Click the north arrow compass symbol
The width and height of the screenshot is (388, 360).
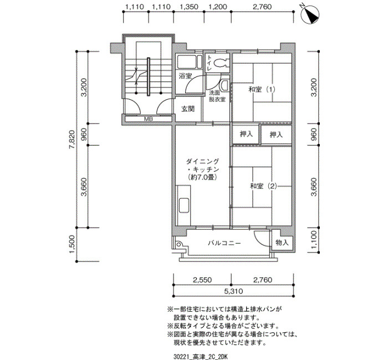pos(310,15)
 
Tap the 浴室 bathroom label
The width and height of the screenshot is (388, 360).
pos(186,76)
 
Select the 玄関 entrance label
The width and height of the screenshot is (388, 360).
pos(188,109)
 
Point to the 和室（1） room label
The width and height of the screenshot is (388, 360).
pos(262,89)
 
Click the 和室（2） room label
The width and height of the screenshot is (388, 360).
pos(263,186)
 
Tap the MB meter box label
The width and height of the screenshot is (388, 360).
pos(149,119)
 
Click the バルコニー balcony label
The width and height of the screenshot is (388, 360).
pos(224,243)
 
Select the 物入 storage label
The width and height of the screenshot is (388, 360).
pos(282,243)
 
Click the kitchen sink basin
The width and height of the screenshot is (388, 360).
pos(184,205)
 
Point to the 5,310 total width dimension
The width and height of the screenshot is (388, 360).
pos(233,291)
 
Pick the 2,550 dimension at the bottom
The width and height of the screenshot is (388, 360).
pos(202,280)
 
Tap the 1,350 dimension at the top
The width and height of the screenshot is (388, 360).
pos(189,7)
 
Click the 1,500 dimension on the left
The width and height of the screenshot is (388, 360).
pos(72,244)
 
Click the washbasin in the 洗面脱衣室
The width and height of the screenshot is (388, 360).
pos(225,85)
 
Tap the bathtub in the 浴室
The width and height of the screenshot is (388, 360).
pos(189,61)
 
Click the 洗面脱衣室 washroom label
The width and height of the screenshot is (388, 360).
pos(217,96)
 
